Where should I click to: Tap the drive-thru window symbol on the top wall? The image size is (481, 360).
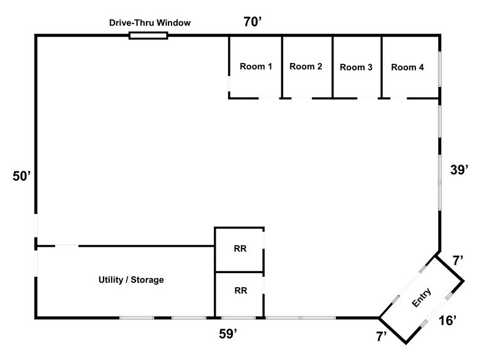(x=148, y=36)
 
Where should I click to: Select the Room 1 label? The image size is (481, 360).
(x=256, y=67)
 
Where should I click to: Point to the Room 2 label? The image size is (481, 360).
(x=306, y=67)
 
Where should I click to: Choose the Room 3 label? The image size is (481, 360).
(x=356, y=67)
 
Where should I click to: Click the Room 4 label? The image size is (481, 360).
(x=407, y=67)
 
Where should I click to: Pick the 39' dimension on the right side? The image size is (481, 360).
(x=459, y=171)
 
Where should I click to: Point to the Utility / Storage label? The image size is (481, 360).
(x=131, y=280)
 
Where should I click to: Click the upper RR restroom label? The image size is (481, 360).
(x=240, y=249)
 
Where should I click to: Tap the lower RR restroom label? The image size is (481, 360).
(x=240, y=291)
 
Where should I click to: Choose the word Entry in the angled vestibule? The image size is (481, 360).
(x=423, y=299)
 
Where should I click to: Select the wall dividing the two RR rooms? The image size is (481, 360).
(x=239, y=272)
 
